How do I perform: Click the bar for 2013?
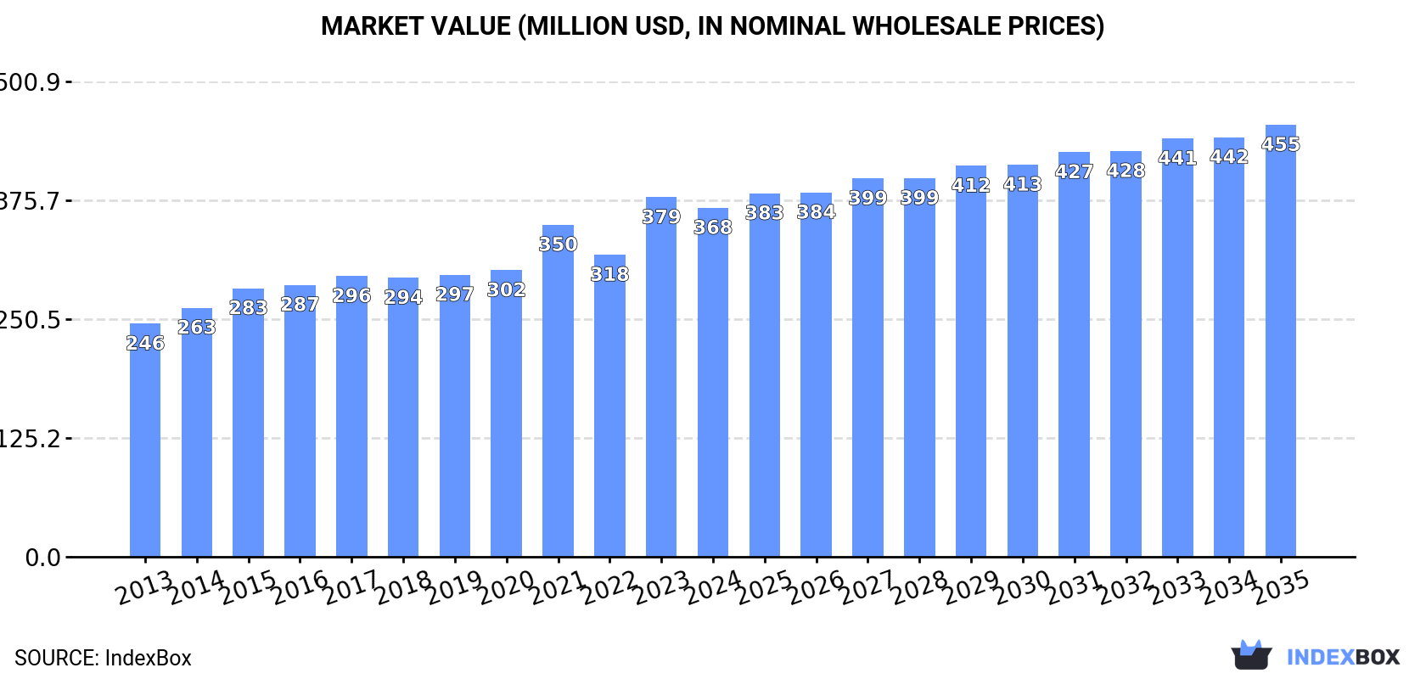tap(145, 441)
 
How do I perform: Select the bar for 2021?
tap(558, 390)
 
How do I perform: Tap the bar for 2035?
tap(1280, 339)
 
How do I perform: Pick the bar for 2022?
tap(609, 407)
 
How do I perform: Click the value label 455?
tap(1280, 144)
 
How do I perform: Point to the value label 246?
tap(145, 343)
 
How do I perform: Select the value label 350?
tap(558, 244)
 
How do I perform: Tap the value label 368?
tap(713, 227)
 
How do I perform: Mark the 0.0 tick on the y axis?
tap(43, 558)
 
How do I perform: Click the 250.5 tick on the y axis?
tap(30, 320)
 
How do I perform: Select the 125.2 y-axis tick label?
tap(30, 439)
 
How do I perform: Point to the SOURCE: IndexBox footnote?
tap(103, 658)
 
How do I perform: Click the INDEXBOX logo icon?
tap(1251, 655)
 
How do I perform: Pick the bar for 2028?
tap(919, 365)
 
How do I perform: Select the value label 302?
tap(506, 289)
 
